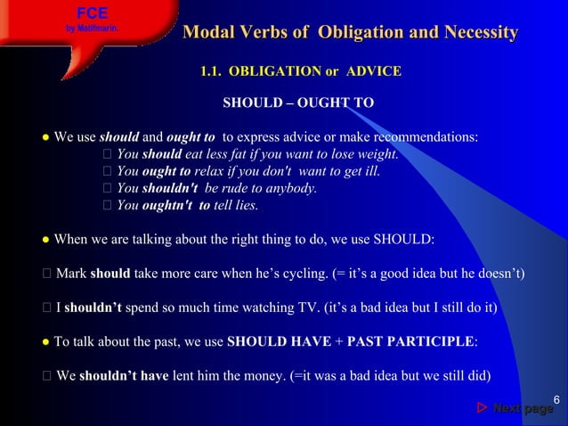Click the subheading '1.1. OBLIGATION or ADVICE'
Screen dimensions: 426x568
(301, 70)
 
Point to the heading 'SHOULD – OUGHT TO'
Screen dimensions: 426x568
(297, 103)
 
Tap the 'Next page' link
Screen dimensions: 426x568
(523, 408)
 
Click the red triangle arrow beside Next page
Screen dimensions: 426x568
(482, 408)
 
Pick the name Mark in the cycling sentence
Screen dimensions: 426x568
(70, 273)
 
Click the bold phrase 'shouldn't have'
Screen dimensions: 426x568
(124, 375)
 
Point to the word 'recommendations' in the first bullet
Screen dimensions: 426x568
(426, 137)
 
